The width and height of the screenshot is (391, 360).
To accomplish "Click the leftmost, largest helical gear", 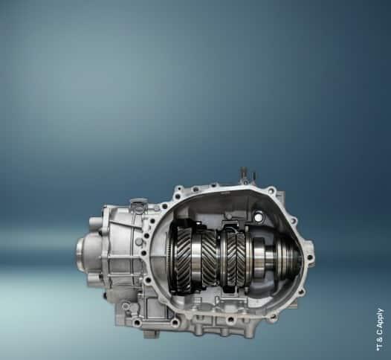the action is [x=184, y=259].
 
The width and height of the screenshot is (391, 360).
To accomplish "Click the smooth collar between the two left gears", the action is [x=198, y=259].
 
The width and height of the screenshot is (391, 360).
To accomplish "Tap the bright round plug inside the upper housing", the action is [x=259, y=218].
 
